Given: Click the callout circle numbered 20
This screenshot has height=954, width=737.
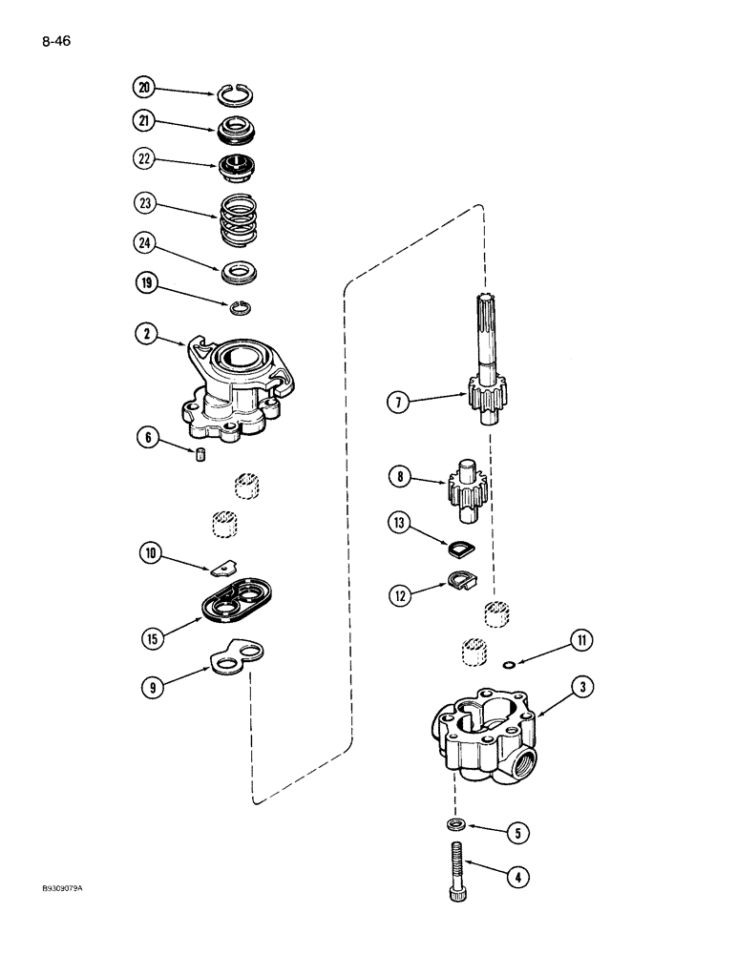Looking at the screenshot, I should coord(144,88).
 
